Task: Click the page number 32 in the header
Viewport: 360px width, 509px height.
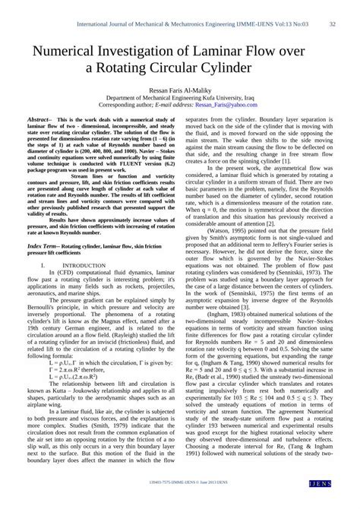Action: [333, 24]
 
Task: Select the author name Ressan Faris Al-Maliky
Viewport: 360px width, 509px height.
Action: [180, 90]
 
